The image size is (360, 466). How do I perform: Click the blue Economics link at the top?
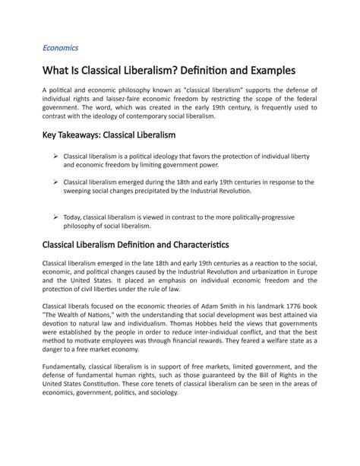coord(60,48)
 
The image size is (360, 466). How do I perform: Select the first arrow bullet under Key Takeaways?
coord(56,156)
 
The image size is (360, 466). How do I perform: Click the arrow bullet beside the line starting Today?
coord(56,217)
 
